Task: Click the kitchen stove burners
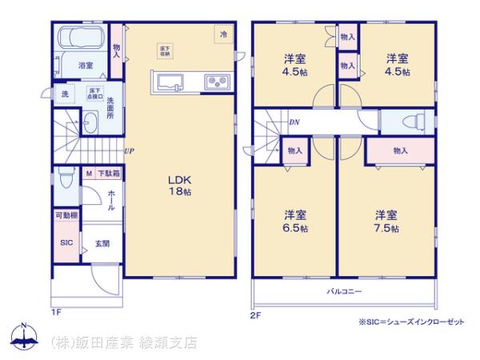[x=217, y=81]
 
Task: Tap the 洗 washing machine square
[x=65, y=93]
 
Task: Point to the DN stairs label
[x=294, y=122]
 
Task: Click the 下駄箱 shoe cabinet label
[x=109, y=173]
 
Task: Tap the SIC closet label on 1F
[x=66, y=242]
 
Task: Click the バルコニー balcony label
[x=345, y=290]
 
